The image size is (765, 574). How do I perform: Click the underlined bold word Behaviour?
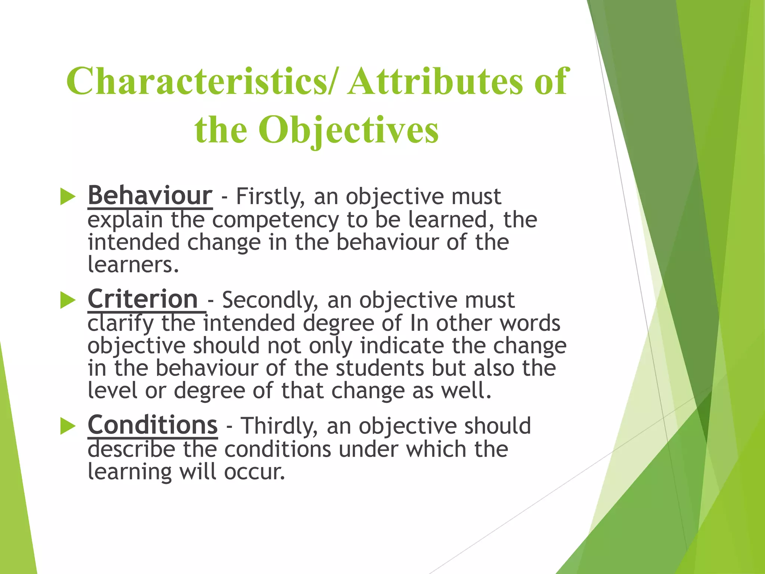pyautogui.click(x=150, y=195)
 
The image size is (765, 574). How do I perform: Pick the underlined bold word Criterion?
pyautogui.click(x=143, y=299)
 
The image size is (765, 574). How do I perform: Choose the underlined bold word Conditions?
pyautogui.click(x=152, y=425)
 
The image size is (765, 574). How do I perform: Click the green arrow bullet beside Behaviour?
pyautogui.click(x=68, y=197)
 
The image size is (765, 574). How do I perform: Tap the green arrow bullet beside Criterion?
pyautogui.click(x=68, y=300)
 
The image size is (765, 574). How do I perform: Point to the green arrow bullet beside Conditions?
pyautogui.click(x=68, y=426)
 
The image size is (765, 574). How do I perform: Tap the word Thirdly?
pyautogui.click(x=279, y=426)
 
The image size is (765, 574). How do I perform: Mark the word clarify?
pyautogui.click(x=120, y=324)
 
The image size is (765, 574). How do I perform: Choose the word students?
pyautogui.click(x=380, y=368)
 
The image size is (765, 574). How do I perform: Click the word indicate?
pyautogui.click(x=402, y=346)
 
